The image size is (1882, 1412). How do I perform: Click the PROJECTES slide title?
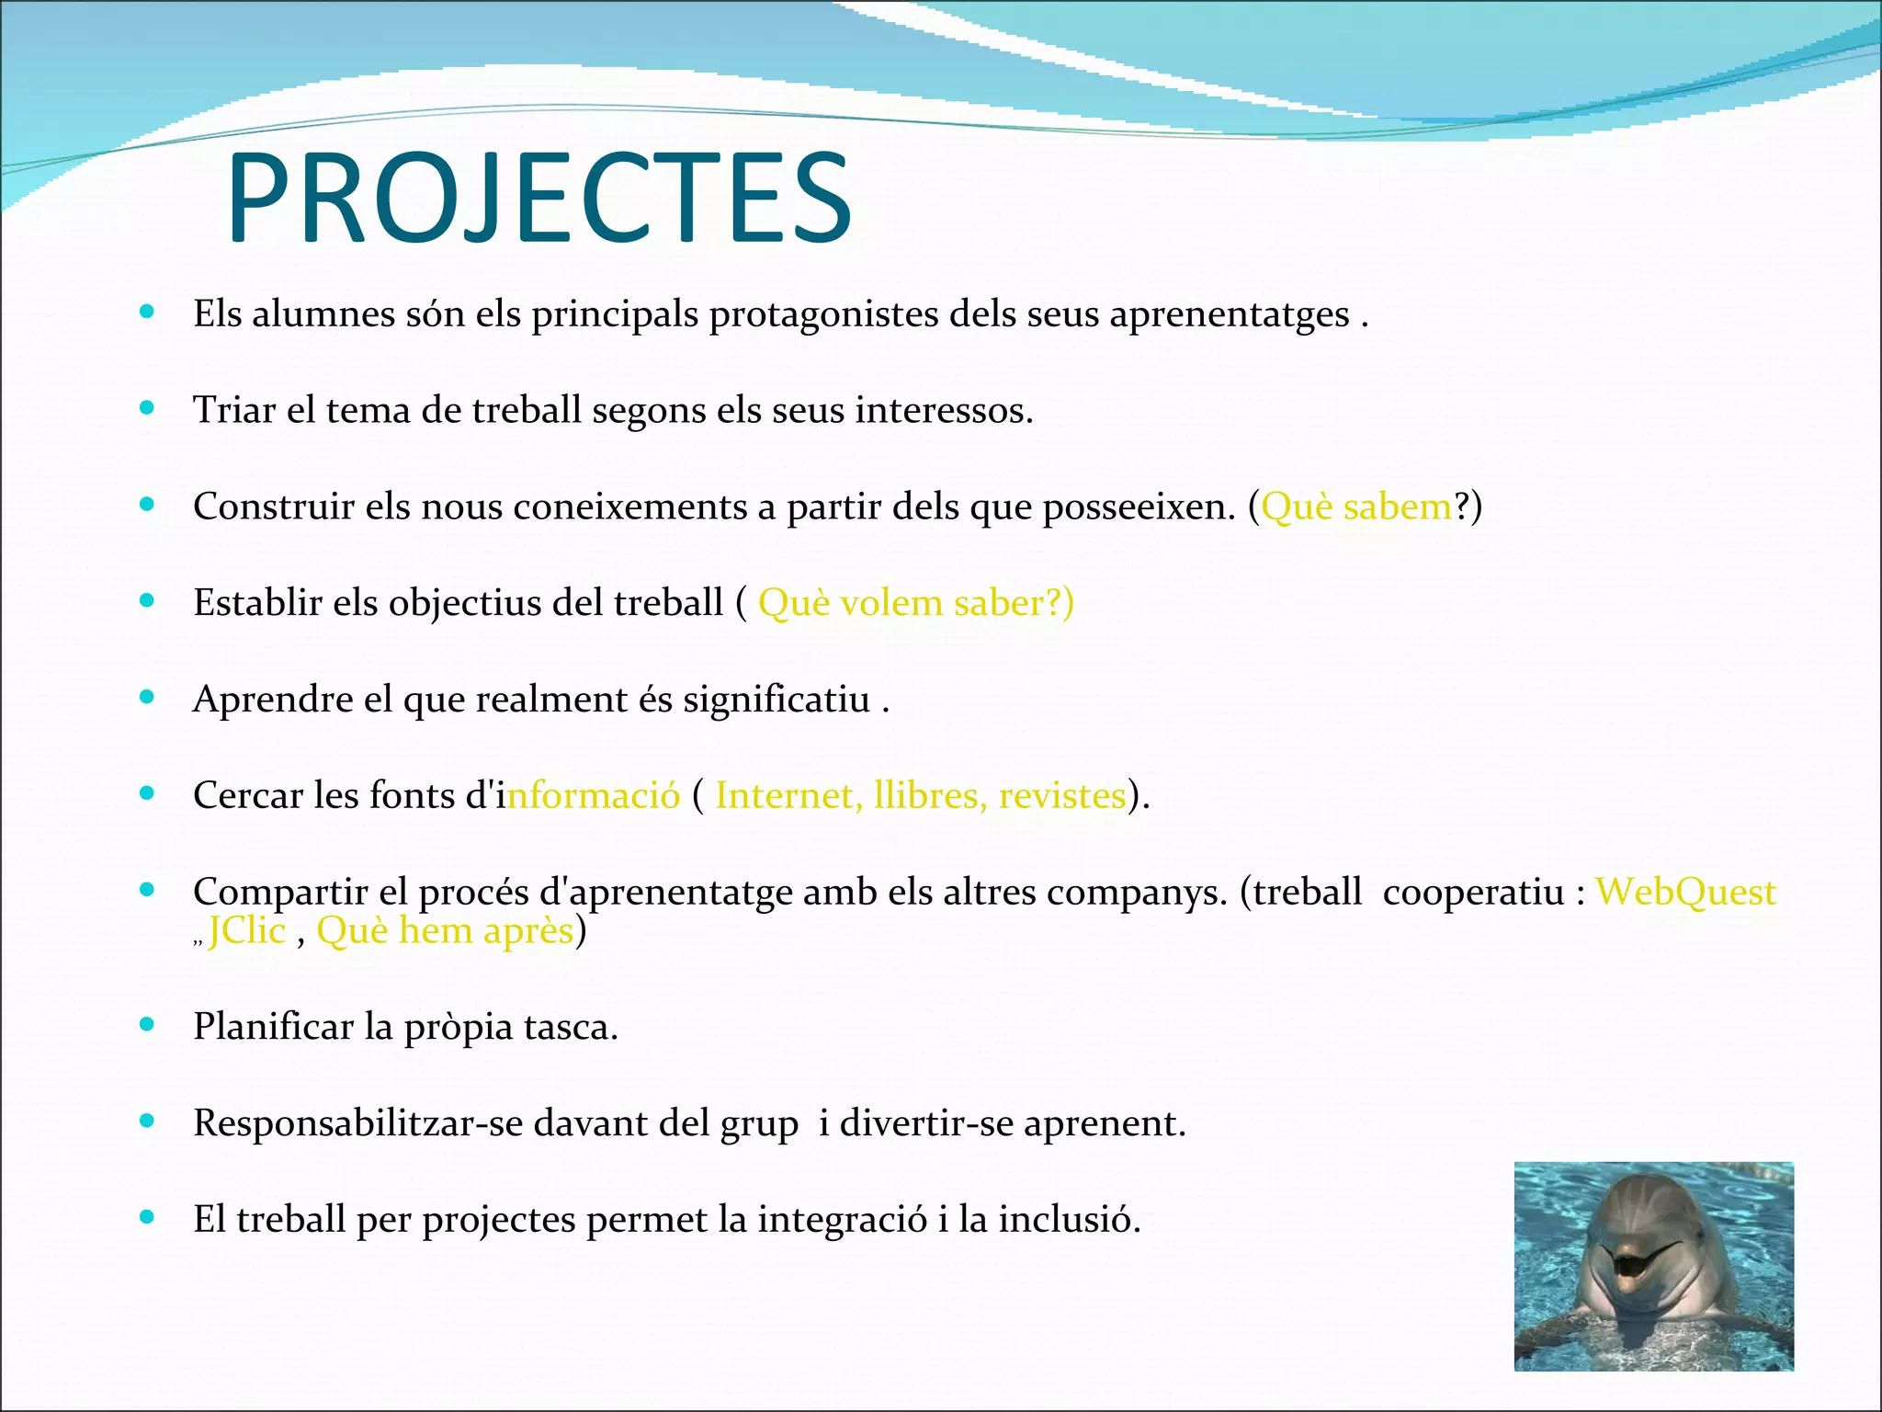point(539,199)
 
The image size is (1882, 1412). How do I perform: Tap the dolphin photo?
point(1653,1266)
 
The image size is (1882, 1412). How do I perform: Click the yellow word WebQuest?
point(1684,893)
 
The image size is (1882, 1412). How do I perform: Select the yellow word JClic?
point(247,931)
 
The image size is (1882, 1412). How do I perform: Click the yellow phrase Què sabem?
point(1356,507)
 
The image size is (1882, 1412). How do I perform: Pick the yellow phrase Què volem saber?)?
point(915,604)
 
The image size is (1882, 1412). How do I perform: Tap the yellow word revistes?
point(1061,796)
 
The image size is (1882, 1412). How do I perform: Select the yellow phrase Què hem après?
point(445,931)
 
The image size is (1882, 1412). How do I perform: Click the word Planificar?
point(273,1027)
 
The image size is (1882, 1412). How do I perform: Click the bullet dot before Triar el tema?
point(147,407)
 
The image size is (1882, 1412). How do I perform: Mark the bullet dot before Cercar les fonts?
point(147,792)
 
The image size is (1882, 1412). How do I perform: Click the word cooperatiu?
point(1473,893)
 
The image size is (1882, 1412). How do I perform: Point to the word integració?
point(842,1220)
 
